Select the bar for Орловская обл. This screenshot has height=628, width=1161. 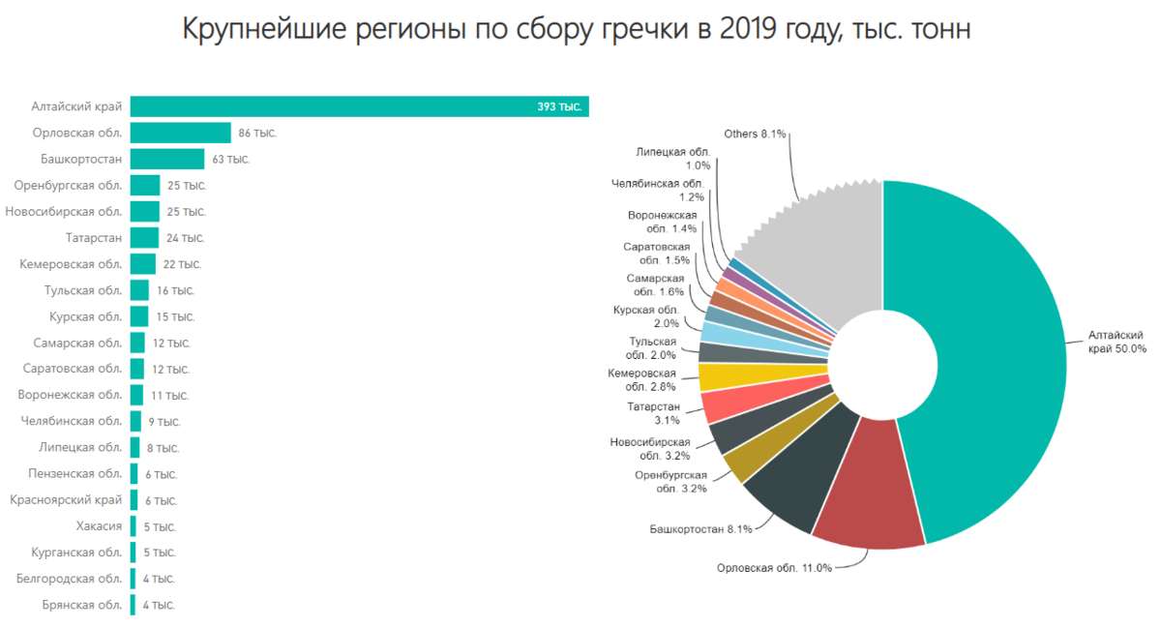tap(180, 133)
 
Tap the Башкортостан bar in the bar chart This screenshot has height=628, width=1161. tap(167, 159)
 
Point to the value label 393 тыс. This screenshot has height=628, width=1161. tap(559, 106)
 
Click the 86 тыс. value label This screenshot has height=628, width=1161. tap(257, 133)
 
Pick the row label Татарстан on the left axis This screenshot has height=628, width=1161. tap(95, 237)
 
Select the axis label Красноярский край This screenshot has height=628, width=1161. tap(66, 500)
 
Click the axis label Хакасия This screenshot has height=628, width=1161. tap(99, 526)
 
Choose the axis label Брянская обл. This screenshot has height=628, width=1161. tap(82, 605)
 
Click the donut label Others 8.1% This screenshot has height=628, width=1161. tap(755, 134)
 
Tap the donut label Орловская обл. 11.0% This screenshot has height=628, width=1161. tap(774, 568)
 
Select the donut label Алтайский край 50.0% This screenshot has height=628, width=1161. tap(1116, 342)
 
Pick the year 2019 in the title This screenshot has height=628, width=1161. tap(747, 30)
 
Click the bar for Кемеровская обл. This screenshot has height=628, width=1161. tap(143, 263)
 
